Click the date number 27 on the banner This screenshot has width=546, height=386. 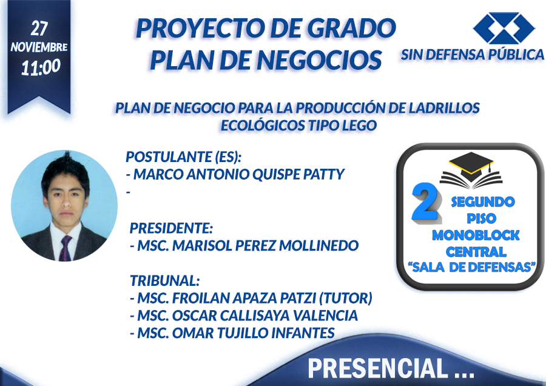pyautogui.click(x=39, y=28)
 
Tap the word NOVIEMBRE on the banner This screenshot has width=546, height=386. pyautogui.click(x=39, y=47)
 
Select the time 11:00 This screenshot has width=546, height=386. pyautogui.click(x=41, y=67)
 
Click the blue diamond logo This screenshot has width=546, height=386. pyautogui.click(x=504, y=28)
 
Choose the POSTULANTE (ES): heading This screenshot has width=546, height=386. pyautogui.click(x=183, y=157)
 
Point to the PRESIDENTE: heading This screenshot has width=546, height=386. pyautogui.click(x=171, y=228)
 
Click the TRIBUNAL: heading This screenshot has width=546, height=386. pyautogui.click(x=164, y=280)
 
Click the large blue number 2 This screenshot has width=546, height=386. pyautogui.click(x=425, y=202)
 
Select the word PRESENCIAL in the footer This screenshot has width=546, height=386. pyautogui.click(x=378, y=368)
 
